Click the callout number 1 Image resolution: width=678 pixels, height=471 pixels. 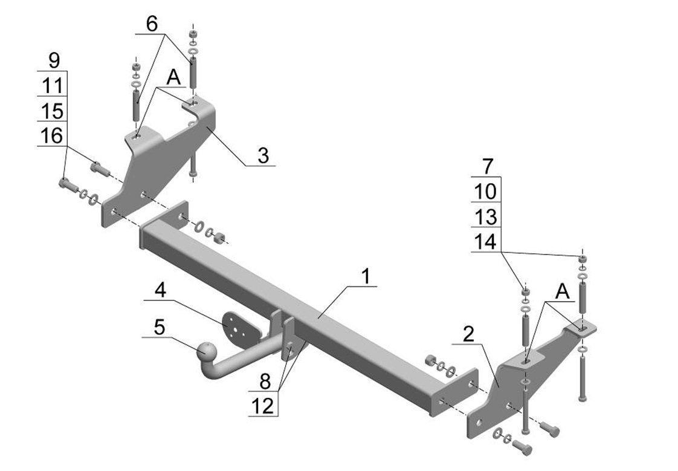pyautogui.click(x=366, y=276)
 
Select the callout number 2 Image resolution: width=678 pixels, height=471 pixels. pyautogui.click(x=468, y=334)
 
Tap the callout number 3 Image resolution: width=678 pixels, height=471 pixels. pyautogui.click(x=263, y=155)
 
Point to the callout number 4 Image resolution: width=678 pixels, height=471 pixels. pyautogui.click(x=160, y=290)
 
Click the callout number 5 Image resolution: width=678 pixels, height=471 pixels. pyautogui.click(x=160, y=328)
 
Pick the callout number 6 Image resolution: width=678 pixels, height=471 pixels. pyautogui.click(x=152, y=24)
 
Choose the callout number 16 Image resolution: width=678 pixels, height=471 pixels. pyautogui.click(x=52, y=136)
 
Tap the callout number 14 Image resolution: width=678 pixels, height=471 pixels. pyautogui.click(x=486, y=241)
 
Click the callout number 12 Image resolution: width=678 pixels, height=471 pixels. pyautogui.click(x=263, y=406)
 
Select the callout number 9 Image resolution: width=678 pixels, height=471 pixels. pyautogui.click(x=54, y=60)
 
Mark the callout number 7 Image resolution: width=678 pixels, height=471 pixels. pyautogui.click(x=487, y=166)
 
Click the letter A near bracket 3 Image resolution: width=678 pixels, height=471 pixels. pyautogui.click(x=173, y=78)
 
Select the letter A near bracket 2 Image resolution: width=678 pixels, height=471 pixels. pyautogui.click(x=562, y=292)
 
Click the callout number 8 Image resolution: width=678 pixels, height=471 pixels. pyautogui.click(x=265, y=382)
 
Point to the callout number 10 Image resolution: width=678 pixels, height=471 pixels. pyautogui.click(x=486, y=191)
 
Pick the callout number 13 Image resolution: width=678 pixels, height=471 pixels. pyautogui.click(x=486, y=216)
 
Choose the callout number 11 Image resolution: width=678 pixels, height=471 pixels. pyautogui.click(x=53, y=86)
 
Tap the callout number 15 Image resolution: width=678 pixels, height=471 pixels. pyautogui.click(x=53, y=111)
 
